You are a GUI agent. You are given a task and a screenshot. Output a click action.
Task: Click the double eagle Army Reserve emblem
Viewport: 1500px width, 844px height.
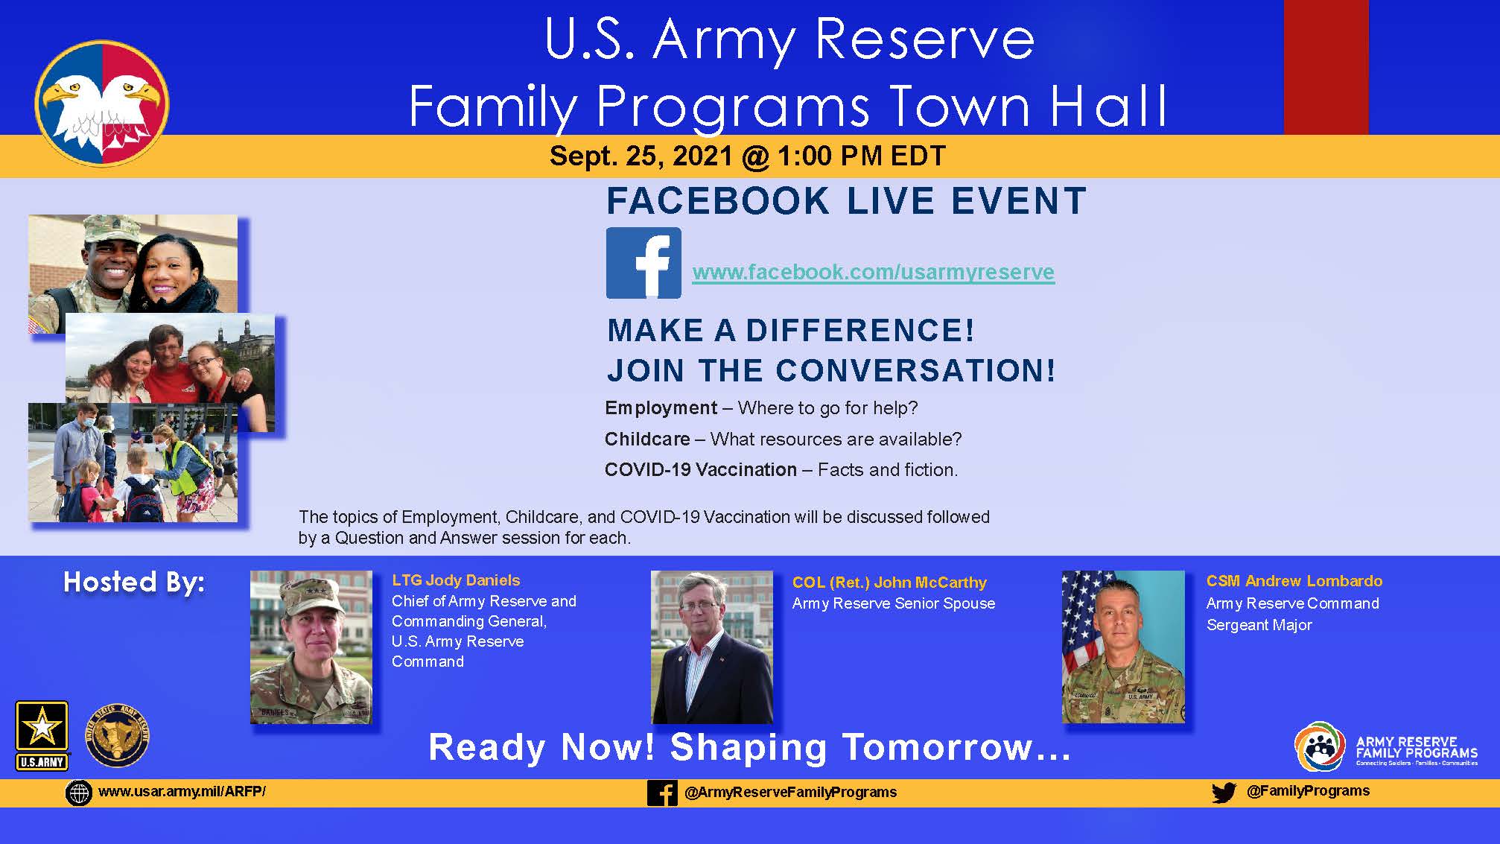tap(102, 103)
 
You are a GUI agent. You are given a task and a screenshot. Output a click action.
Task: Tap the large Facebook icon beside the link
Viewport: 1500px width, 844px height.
tap(643, 263)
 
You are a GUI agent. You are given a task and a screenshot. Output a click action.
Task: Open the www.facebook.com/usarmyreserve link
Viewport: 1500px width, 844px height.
tap(873, 273)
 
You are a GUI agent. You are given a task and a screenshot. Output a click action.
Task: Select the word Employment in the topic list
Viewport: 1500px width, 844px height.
tap(661, 408)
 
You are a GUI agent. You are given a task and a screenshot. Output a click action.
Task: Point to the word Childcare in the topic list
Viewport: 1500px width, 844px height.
tap(646, 440)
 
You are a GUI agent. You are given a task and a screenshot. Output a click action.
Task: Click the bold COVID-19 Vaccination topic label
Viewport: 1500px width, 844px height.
tap(700, 470)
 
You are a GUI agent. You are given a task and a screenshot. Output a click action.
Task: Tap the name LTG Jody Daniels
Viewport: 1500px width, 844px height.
tap(456, 580)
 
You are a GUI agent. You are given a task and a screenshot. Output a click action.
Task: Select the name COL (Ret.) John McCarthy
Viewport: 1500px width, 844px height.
tap(889, 583)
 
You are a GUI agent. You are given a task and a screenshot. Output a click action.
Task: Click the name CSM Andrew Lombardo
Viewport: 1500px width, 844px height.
tap(1294, 581)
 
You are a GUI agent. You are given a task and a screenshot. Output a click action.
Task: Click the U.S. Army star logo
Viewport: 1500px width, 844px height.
tap(42, 734)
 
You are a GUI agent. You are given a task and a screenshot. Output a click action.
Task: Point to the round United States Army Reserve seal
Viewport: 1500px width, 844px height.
tap(117, 736)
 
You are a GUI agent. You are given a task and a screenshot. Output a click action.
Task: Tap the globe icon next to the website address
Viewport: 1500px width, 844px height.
tap(78, 793)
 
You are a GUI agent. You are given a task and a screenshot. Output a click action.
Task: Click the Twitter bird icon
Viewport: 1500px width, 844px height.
tap(1223, 793)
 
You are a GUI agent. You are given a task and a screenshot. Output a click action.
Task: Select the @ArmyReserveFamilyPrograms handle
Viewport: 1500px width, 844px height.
tap(790, 793)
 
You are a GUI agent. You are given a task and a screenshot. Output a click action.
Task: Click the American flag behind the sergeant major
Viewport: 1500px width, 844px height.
tap(1080, 626)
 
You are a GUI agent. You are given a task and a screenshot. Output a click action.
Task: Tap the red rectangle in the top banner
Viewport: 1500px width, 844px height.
tap(1326, 67)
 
